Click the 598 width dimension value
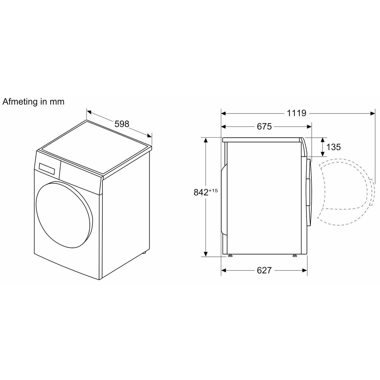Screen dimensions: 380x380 pos(122,124)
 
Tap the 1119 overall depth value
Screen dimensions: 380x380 pos(297,113)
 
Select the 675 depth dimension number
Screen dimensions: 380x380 pos(264,127)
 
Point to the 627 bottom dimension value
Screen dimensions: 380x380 pos(264,270)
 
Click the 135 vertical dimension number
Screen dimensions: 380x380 pos(334,147)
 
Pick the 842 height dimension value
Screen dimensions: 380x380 pos(201,192)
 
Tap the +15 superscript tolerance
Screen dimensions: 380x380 pos(213,190)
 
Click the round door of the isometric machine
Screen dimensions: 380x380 pos(64,215)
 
